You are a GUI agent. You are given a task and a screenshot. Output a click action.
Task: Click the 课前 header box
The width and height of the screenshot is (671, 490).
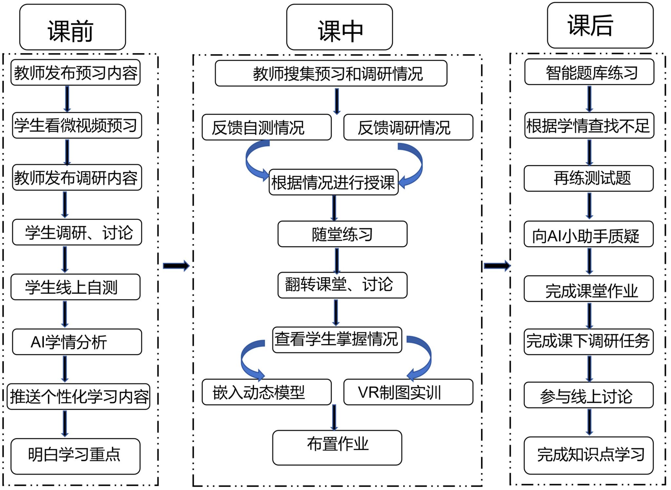72,27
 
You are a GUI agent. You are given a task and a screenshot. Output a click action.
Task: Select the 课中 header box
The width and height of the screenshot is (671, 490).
339,27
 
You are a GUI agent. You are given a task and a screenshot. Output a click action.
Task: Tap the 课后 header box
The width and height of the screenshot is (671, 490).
600,25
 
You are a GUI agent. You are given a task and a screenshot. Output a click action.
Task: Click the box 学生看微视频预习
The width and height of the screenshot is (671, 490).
77,125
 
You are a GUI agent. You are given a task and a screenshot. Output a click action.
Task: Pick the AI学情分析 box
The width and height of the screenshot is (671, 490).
77,342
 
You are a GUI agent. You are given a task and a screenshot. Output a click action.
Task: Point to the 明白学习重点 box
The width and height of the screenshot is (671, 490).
75,456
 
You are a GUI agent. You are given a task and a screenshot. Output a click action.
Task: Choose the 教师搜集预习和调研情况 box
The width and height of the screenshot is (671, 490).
331,73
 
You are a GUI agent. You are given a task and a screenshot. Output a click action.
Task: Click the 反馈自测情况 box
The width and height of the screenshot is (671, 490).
266,127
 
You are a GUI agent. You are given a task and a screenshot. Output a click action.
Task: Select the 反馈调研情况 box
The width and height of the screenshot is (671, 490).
408,127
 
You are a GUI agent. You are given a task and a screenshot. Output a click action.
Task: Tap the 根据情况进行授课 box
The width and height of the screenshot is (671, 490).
334,182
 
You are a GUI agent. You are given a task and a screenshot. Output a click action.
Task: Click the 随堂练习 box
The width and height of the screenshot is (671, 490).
342,234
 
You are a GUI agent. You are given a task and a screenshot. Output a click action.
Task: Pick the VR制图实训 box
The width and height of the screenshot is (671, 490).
408,392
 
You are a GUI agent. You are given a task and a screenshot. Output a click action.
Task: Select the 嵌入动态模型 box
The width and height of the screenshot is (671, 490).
266,392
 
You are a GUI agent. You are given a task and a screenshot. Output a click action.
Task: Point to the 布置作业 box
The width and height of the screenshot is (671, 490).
337,447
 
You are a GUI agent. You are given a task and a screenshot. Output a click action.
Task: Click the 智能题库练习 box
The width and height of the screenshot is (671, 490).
589,72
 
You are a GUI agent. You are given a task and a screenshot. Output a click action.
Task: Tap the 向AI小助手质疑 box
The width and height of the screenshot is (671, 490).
588,234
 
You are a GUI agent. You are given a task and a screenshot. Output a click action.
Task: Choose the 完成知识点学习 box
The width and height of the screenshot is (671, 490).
588,455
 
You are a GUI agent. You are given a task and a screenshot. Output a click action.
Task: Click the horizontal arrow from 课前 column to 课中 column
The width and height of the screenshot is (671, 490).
176,266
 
